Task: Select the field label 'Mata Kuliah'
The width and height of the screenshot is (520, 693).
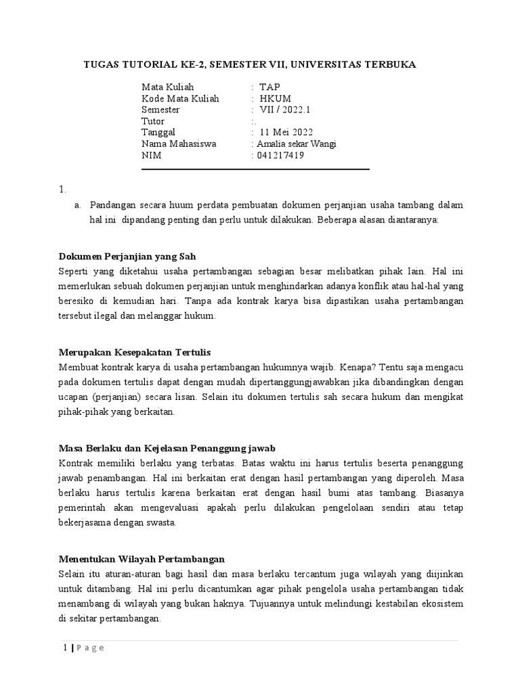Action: pyautogui.click(x=167, y=87)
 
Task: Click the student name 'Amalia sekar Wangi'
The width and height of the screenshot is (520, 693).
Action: pyautogui.click(x=295, y=144)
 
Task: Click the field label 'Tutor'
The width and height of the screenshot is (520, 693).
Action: pyautogui.click(x=153, y=121)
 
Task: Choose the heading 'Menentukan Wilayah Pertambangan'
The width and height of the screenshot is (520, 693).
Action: pyautogui.click(x=142, y=559)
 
